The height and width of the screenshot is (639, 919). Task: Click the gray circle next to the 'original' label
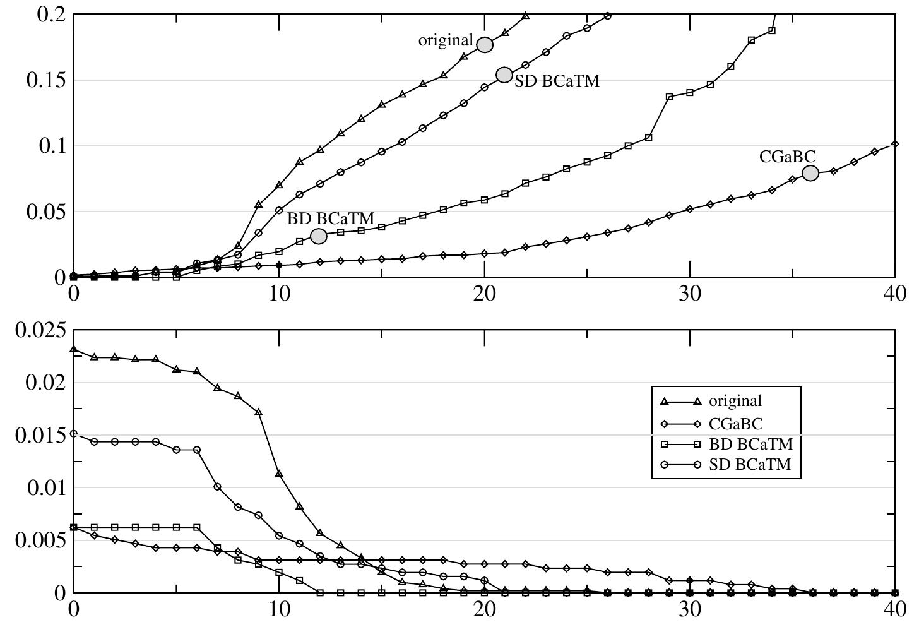point(485,45)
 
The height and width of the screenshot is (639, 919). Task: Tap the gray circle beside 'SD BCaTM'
point(504,75)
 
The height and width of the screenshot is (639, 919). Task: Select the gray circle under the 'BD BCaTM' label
point(319,236)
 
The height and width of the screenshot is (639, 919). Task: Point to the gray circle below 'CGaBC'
point(810,173)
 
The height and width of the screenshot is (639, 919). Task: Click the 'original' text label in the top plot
point(446,40)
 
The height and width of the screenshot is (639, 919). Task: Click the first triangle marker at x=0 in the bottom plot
point(74,349)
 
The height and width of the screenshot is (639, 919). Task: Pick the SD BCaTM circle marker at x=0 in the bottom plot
point(74,434)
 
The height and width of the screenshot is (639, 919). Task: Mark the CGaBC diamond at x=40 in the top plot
point(895,145)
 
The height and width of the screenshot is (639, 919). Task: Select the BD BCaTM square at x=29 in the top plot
point(669,97)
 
